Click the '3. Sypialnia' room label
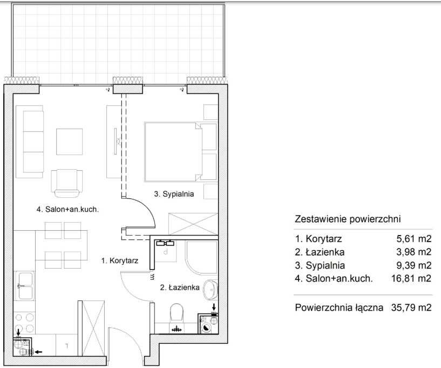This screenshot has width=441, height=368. pyautogui.click(x=174, y=194)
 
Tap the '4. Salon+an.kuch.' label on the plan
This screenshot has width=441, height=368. pyautogui.click(x=67, y=210)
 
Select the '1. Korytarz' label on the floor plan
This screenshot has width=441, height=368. pyautogui.click(x=119, y=260)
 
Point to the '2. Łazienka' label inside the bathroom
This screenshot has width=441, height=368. pyautogui.click(x=180, y=287)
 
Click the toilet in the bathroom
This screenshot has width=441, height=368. pyautogui.click(x=177, y=312)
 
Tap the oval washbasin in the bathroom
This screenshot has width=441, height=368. pyautogui.click(x=211, y=289)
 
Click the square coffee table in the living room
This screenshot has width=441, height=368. pyautogui.click(x=69, y=142)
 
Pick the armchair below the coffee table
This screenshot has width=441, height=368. pyautogui.click(x=67, y=183)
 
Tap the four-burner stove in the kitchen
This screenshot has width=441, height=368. pyautogui.click(x=24, y=323)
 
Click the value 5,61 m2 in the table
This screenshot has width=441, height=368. pyautogui.click(x=413, y=239)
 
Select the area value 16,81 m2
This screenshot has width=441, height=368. pyautogui.click(x=411, y=278)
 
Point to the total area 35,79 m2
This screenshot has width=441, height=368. pyautogui.click(x=411, y=307)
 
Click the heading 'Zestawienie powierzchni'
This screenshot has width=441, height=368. pyautogui.click(x=348, y=219)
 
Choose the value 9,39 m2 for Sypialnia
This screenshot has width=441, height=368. pyautogui.click(x=413, y=265)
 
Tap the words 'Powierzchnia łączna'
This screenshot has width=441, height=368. pyautogui.click(x=339, y=307)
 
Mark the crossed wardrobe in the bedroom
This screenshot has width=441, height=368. pyautogui.click(x=193, y=224)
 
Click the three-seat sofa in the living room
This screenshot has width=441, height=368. pyautogui.click(x=30, y=142)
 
